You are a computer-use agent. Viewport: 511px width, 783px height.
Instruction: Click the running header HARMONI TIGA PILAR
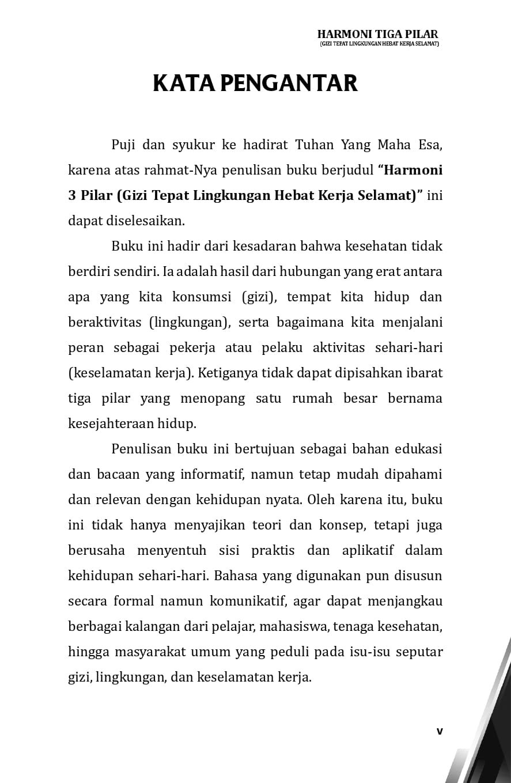pos(377,34)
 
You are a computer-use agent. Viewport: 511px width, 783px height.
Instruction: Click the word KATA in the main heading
pos(184,83)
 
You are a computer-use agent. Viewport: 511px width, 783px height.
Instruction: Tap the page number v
pos(440,731)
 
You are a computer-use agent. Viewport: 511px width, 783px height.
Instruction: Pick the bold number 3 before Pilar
pos(72,195)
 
